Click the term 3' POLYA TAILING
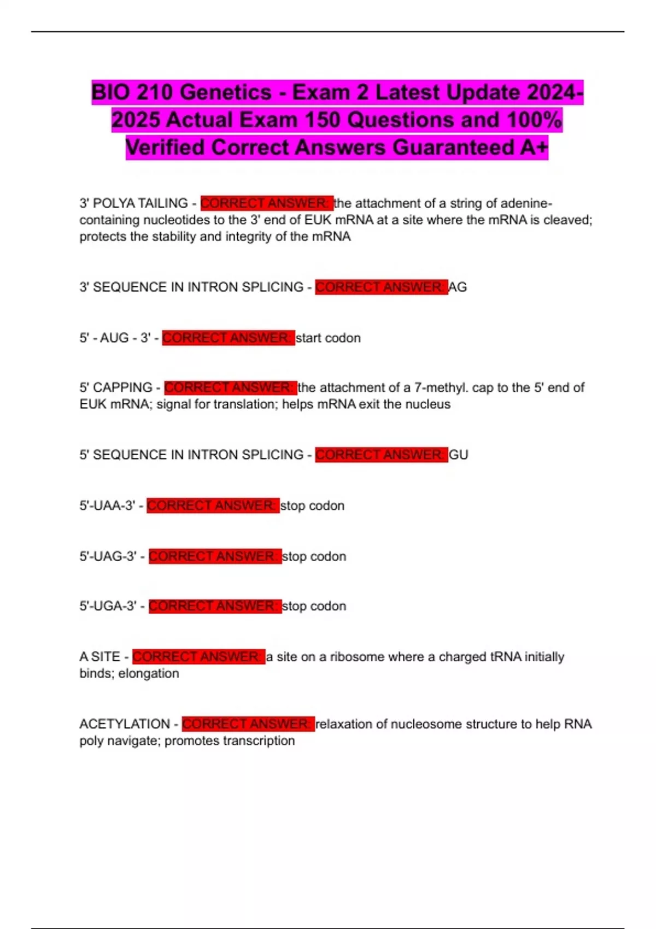tap(133, 203)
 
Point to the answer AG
tap(458, 287)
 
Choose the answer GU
tap(459, 455)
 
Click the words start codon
tap(328, 338)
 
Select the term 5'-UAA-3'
tap(107, 505)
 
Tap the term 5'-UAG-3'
tap(108, 556)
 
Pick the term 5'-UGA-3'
tap(108, 606)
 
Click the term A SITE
tap(99, 656)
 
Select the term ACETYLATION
tap(125, 724)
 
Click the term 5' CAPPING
tap(116, 387)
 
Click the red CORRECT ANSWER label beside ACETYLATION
tap(248, 724)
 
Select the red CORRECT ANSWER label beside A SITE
tap(198, 656)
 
